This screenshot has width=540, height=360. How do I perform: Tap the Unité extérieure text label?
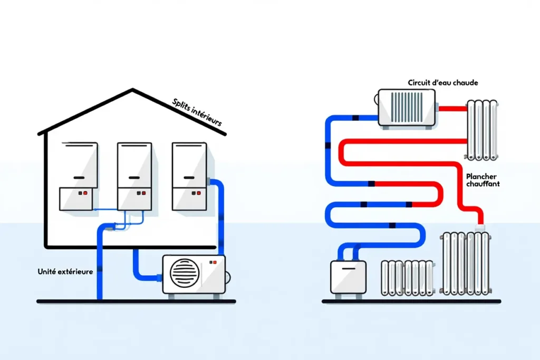(x=65, y=271)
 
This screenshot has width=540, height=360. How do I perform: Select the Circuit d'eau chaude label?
(x=443, y=83)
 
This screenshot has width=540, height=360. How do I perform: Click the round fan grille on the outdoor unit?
(x=185, y=274)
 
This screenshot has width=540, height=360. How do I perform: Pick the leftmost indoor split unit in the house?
(x=79, y=176)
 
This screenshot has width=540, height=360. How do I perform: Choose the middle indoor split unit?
(x=134, y=176)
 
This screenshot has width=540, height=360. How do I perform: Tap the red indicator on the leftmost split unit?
(x=85, y=193)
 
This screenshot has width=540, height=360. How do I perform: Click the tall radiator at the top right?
(x=481, y=129)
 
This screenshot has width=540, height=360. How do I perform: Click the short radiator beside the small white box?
(x=407, y=277)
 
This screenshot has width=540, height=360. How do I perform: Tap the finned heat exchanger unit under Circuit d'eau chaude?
(x=407, y=108)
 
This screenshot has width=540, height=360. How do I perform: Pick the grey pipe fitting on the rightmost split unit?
(x=212, y=181)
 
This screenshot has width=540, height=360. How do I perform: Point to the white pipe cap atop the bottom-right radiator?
(x=480, y=227)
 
